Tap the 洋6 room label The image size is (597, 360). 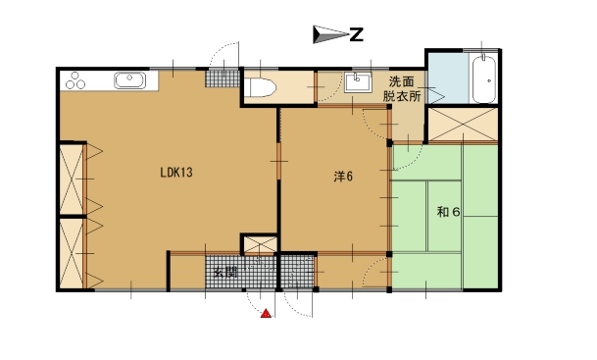point(342,177)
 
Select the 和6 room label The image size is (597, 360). point(448,211)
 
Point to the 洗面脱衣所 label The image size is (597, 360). point(403,89)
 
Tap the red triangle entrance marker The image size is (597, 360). point(265,314)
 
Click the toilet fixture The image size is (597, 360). point(261,88)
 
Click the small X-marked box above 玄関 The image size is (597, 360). point(259,244)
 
